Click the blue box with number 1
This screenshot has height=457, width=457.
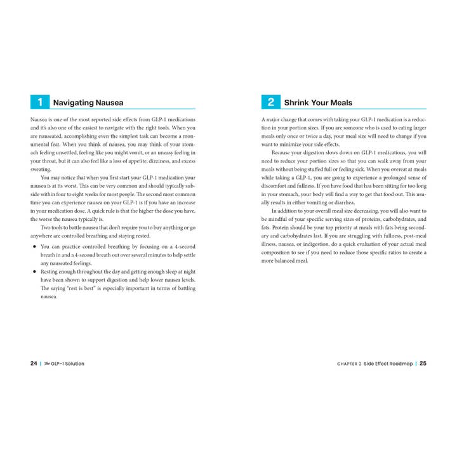(39, 102)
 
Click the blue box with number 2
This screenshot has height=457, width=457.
(270, 102)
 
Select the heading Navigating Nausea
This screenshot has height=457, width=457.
(88, 102)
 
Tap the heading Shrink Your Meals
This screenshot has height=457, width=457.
(318, 102)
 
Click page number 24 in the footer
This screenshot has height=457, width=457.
(34, 364)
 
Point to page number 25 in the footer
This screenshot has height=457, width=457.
(423, 364)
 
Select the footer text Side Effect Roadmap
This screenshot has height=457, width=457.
(388, 364)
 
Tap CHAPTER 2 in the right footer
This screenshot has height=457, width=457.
(349, 364)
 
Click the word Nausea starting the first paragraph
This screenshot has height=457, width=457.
(39, 119)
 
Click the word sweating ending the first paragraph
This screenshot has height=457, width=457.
(41, 169)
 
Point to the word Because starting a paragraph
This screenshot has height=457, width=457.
(282, 153)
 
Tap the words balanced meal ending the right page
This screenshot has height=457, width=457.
(284, 261)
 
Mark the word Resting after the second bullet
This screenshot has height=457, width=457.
(51, 272)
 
